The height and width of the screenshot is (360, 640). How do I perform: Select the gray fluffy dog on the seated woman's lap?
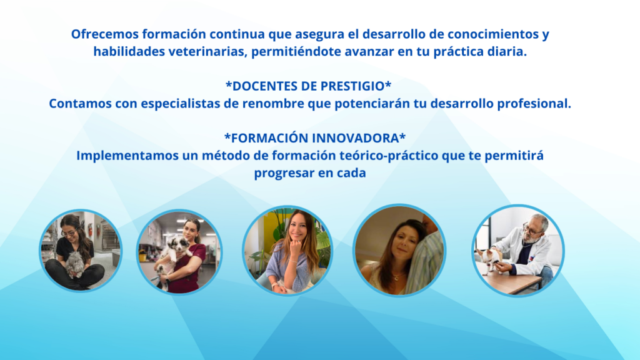[75, 264]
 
